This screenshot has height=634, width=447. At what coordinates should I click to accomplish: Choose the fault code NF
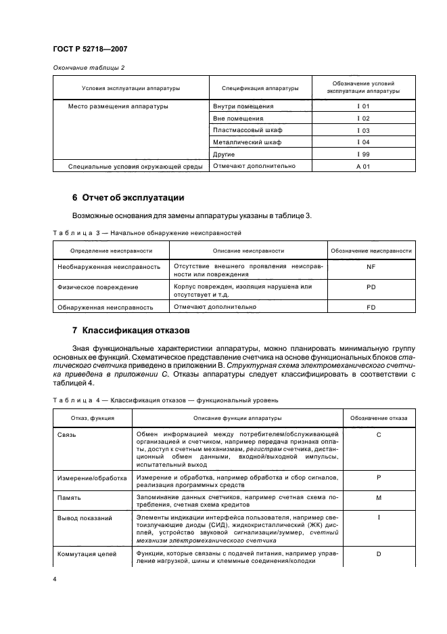371,267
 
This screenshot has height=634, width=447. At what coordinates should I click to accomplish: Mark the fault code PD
371,287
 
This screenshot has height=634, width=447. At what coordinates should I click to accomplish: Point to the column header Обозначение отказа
379,419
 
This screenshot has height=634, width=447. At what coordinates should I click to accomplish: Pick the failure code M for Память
379,498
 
